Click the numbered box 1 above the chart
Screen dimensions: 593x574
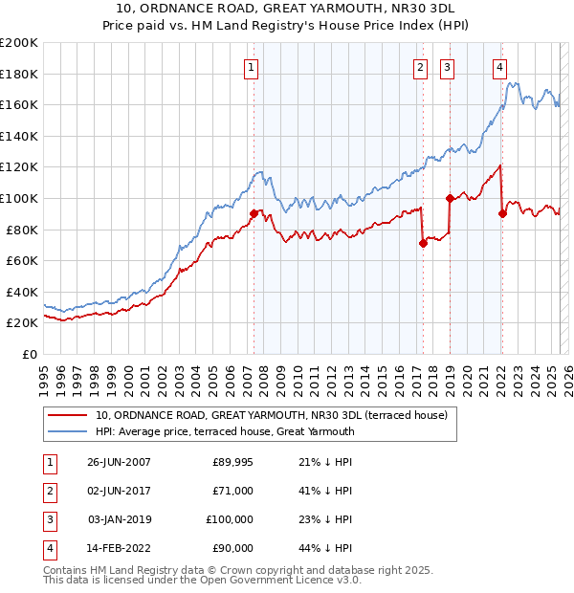[250, 67]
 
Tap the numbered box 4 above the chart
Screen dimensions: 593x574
[499, 67]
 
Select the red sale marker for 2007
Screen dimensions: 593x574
[254, 213]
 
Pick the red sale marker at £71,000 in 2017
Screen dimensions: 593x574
[422, 243]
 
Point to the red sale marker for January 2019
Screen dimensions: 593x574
[449, 198]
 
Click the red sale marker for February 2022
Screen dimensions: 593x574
[501, 213]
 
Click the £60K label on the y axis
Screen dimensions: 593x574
[22, 260]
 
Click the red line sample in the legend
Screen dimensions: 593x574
[67, 415]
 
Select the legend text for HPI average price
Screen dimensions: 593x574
[225, 431]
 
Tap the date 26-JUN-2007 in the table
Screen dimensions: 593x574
[119, 462]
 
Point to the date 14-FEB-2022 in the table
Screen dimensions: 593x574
[119, 548]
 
